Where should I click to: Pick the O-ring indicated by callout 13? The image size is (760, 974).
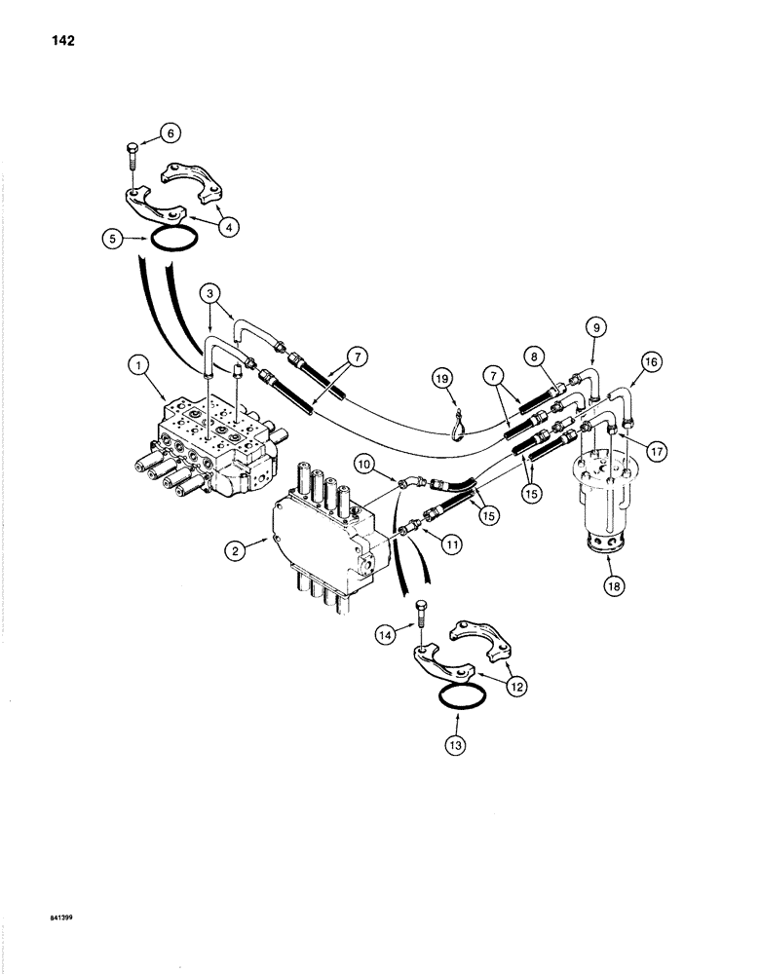[453, 695]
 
